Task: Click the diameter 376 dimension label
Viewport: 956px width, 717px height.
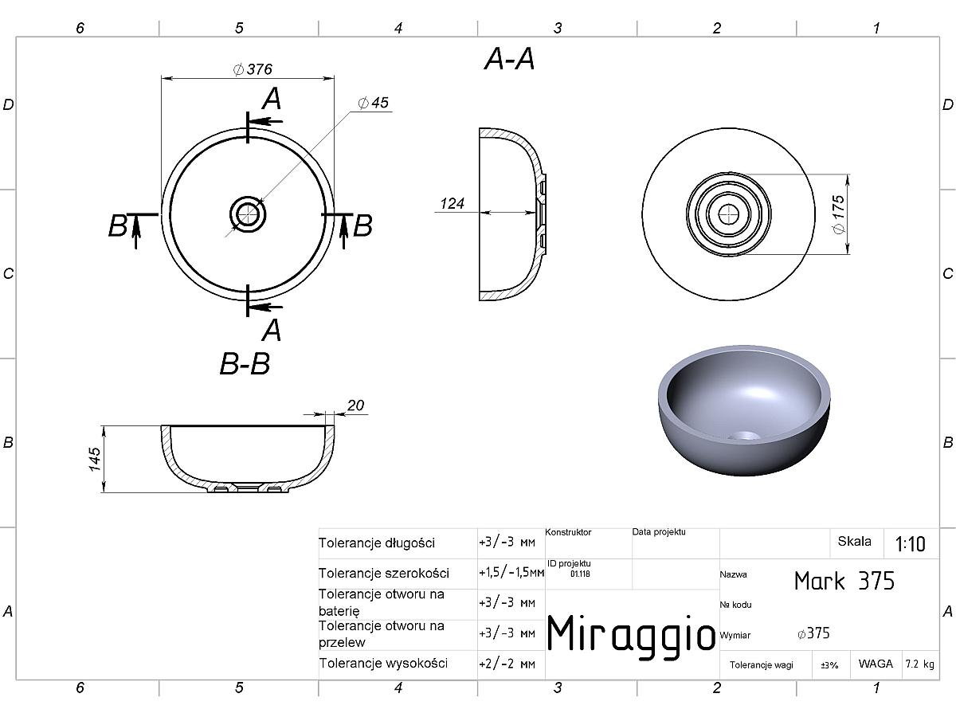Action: click(253, 69)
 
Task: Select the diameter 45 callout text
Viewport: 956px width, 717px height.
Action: click(373, 103)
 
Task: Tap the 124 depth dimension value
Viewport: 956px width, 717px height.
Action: click(452, 203)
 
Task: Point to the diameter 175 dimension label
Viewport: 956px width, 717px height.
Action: click(838, 214)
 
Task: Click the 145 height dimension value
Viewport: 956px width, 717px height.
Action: click(95, 460)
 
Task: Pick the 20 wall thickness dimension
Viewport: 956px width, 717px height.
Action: click(355, 406)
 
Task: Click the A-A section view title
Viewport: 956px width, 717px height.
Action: click(509, 59)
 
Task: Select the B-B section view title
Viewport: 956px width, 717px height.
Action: click(245, 364)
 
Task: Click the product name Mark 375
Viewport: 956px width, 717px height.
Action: click(844, 581)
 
